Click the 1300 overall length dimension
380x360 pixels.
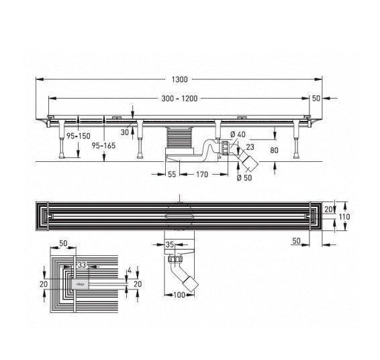click(179, 79)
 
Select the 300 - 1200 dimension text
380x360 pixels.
click(179, 99)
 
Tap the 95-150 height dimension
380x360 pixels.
click(79, 136)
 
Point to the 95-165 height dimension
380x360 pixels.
click(103, 146)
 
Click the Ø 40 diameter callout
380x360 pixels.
click(238, 134)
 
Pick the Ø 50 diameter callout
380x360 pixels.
click(244, 178)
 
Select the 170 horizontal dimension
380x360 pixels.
click(202, 175)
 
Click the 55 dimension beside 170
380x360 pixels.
click(172, 175)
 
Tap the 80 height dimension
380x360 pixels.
click(274, 150)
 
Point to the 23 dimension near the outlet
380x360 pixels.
click(250, 147)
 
